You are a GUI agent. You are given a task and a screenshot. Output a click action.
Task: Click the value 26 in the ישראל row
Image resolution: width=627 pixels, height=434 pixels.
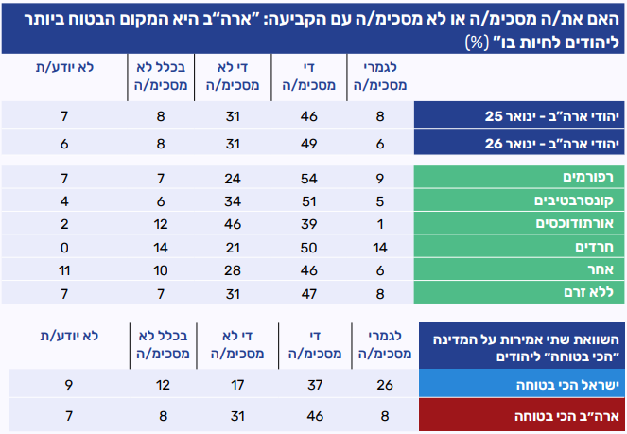[384, 386]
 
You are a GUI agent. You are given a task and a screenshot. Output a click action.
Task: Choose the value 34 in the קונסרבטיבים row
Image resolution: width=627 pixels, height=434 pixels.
[226, 200]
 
